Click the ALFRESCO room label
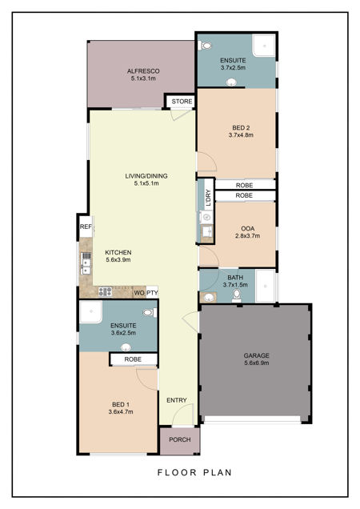tap(143, 71)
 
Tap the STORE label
tap(182, 102)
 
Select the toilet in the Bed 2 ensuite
tap(206, 46)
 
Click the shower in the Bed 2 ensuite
tap(264, 45)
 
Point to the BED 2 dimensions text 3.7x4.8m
tap(241, 135)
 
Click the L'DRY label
tap(209, 198)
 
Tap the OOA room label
tap(248, 229)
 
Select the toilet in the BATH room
tap(237, 296)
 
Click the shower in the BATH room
tap(266, 286)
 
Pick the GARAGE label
tap(257, 355)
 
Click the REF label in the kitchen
tap(86, 226)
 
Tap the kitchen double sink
tap(86, 263)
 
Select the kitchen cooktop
tap(105, 292)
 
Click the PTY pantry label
tap(152, 293)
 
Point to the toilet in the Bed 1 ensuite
tap(150, 313)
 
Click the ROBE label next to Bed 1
tap(133, 359)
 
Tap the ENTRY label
tap(177, 400)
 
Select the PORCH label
tap(180, 439)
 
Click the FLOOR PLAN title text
tap(194, 472)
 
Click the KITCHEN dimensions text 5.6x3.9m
tap(118, 259)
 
